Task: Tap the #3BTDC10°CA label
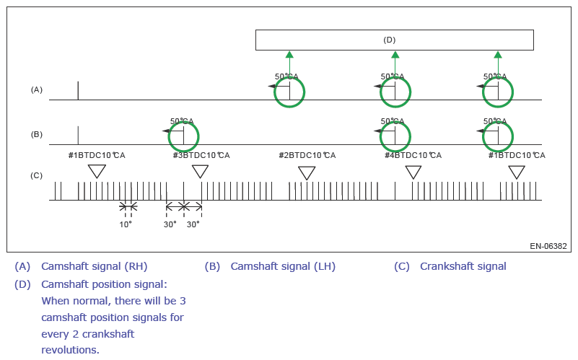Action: coord(201,155)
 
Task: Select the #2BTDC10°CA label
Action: coord(307,155)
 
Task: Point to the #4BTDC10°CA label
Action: coord(413,155)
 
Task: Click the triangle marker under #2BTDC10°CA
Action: coord(307,172)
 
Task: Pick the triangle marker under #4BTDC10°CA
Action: coord(413,172)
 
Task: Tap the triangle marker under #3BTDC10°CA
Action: coord(200,171)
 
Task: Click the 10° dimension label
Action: coord(126,224)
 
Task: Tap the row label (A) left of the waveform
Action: coord(37,89)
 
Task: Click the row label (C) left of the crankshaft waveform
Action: coord(37,175)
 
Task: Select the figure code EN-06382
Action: coord(548,246)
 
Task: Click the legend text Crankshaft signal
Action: coord(463,266)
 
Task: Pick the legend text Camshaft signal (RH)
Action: coord(95,266)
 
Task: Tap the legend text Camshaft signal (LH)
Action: coord(283,266)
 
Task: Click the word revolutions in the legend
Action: coord(69,349)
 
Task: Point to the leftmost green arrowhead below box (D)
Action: coord(289,55)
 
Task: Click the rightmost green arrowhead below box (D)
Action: coord(498,55)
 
